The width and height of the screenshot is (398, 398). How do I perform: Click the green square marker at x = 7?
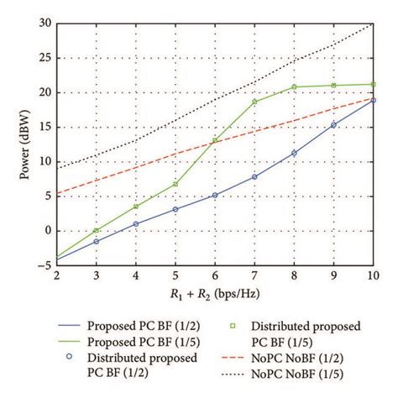point(254,102)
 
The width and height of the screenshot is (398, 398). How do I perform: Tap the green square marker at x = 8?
point(294,86)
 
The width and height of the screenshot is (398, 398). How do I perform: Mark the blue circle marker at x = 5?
point(175,209)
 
